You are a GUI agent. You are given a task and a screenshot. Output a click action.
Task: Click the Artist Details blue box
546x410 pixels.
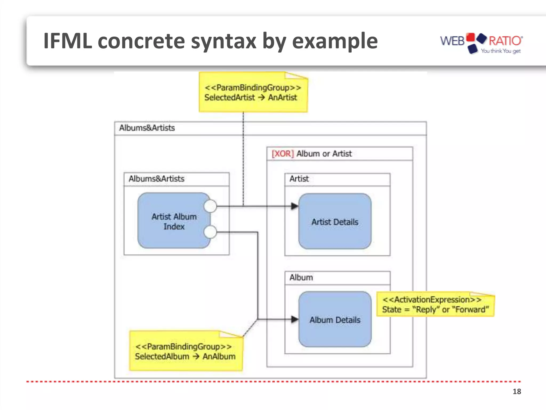(335, 222)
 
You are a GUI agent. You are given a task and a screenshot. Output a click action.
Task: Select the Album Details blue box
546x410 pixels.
(335, 320)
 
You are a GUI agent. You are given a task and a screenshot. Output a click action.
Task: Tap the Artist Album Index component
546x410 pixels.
(174, 221)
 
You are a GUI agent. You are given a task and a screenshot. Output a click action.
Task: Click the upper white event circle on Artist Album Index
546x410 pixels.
(210, 206)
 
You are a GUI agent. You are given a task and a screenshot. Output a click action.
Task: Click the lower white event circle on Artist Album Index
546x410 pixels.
(210, 232)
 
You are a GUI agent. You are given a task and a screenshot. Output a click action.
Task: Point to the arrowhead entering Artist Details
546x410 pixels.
(295, 206)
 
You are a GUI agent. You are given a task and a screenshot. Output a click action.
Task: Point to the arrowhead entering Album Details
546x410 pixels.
(295, 319)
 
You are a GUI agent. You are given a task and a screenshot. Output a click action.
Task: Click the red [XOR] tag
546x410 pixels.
(283, 154)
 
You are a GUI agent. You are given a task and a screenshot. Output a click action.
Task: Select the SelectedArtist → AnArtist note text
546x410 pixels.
(251, 97)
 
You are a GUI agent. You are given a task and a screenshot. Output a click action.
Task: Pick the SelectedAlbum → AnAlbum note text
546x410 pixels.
(185, 356)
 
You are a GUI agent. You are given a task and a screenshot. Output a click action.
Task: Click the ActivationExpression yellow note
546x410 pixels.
(435, 305)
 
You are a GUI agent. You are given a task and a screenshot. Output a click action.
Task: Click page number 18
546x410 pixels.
(517, 391)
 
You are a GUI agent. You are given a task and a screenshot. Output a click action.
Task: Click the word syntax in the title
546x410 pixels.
(223, 41)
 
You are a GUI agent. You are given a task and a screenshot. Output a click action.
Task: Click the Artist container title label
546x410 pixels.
(299, 179)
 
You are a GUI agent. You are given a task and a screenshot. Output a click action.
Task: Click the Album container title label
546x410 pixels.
(301, 277)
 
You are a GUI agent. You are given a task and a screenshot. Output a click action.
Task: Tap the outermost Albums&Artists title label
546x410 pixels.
(147, 128)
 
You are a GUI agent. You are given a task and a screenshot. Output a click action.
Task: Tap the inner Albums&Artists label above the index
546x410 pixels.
(156, 179)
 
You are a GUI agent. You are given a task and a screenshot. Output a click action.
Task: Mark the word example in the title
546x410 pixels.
(335, 41)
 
